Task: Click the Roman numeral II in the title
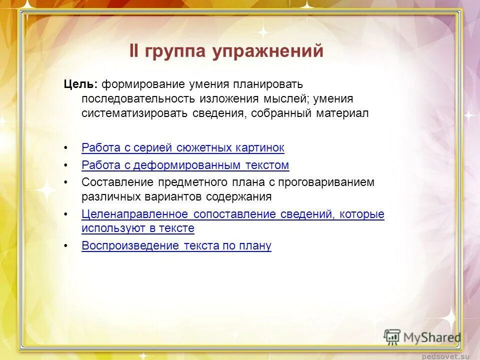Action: click(x=135, y=51)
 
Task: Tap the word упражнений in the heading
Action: click(x=267, y=51)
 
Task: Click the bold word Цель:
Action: click(x=80, y=84)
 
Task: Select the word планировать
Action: click(x=267, y=84)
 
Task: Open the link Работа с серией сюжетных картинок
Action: click(x=182, y=148)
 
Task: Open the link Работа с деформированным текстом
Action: click(x=185, y=165)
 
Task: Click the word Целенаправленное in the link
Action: click(x=135, y=214)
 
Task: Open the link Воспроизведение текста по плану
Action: click(x=176, y=245)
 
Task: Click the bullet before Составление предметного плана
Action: click(x=66, y=182)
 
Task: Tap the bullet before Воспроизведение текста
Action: click(x=66, y=246)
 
